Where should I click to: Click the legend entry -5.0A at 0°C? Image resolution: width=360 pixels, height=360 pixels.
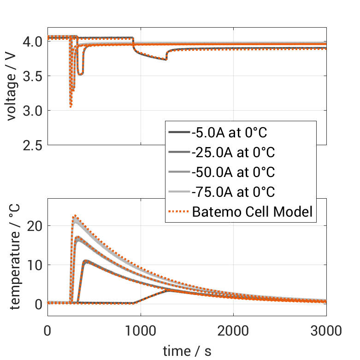(x=230, y=133)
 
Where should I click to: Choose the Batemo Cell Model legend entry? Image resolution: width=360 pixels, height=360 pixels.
(x=253, y=212)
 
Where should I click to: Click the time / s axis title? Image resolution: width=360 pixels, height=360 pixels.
(x=187, y=351)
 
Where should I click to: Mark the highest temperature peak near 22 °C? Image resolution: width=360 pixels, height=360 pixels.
(x=75, y=215)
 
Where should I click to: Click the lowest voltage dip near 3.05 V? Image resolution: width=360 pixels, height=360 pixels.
(x=71, y=107)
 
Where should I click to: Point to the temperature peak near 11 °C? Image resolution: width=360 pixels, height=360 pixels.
(x=85, y=261)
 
